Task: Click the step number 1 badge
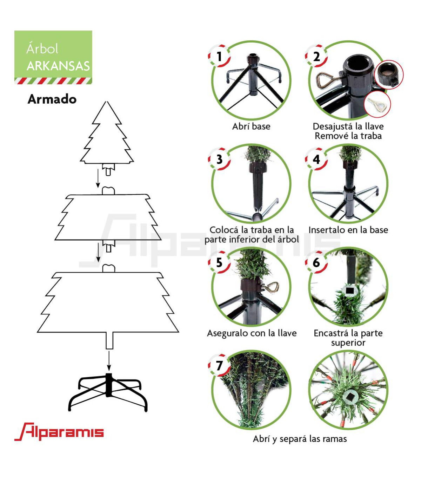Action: point(219,56)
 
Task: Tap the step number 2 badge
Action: point(316,56)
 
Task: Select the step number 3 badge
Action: point(219,159)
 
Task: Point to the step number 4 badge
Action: point(316,159)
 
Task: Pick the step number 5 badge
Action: point(219,262)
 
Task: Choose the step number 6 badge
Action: point(316,262)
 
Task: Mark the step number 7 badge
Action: point(219,365)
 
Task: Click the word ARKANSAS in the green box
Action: point(58,66)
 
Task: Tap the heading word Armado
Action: point(52,99)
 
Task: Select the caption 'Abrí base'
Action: point(251,126)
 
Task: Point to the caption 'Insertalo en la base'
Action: point(348,230)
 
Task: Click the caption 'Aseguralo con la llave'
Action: point(252,333)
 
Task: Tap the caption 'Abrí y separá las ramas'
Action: point(300,439)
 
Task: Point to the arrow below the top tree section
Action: point(98,178)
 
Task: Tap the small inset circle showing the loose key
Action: point(377,104)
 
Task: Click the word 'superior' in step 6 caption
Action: point(348,343)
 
